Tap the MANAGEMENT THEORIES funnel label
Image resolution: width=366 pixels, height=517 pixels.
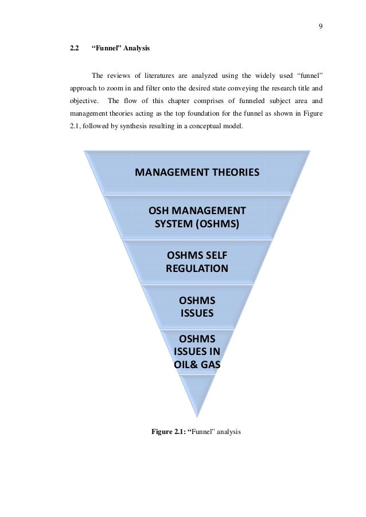coord(197,172)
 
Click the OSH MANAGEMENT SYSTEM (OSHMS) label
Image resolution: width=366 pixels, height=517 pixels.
coord(197,216)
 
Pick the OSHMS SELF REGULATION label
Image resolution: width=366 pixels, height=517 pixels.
coord(197,261)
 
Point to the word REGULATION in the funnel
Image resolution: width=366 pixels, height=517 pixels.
coord(197,268)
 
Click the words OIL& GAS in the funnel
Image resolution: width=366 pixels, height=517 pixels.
coord(197,364)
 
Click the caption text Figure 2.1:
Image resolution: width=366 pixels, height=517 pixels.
coord(172,431)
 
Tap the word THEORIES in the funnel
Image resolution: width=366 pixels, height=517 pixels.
coord(232,172)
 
